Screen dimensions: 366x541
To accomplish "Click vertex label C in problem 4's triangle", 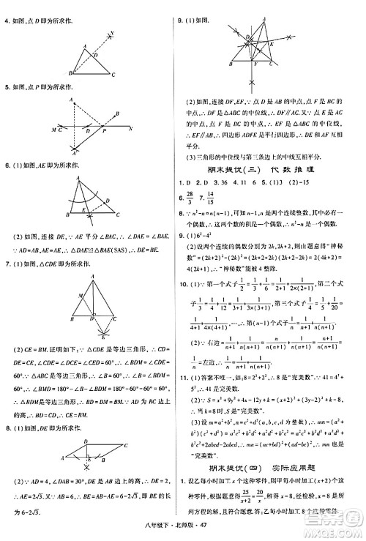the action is (x=113, y=74).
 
